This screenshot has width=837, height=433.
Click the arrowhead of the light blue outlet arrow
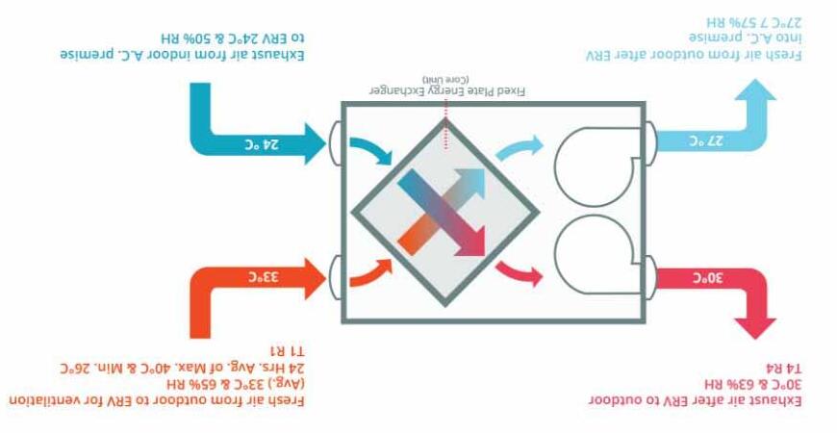[756, 91]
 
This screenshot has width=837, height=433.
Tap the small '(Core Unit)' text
[444, 77]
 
